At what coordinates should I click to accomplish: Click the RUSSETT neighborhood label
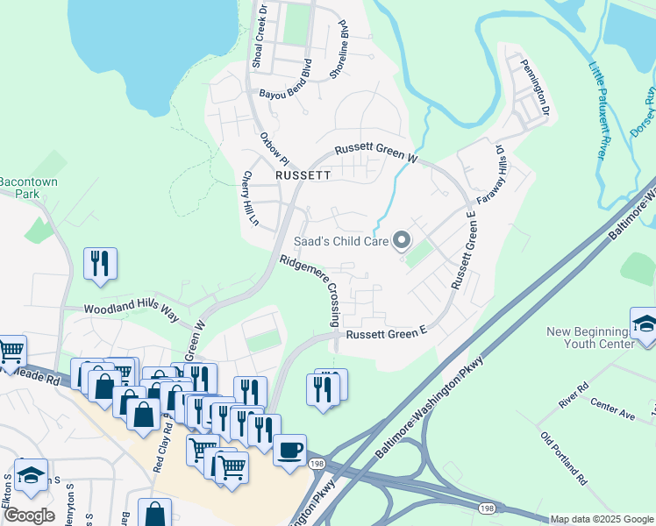coord(302,174)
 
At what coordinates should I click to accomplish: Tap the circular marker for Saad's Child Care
coord(403,239)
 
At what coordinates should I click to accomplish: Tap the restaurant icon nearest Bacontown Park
coord(100,263)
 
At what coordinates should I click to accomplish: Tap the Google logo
coord(30,515)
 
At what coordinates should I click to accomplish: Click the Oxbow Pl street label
coord(273,148)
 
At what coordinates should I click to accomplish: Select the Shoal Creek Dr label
coord(260,35)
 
